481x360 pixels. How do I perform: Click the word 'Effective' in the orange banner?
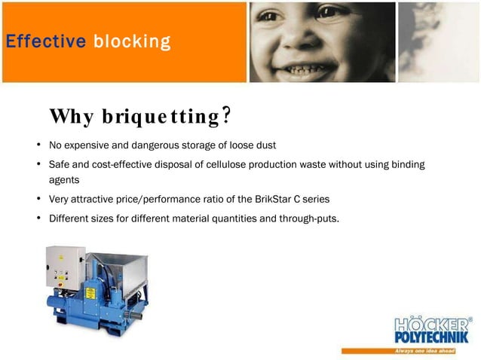[45, 41]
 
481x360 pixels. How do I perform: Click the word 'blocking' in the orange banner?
[132, 41]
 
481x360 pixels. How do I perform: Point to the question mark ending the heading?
[225, 115]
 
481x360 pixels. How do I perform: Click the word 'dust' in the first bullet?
[266, 145]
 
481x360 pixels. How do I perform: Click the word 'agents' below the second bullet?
[64, 181]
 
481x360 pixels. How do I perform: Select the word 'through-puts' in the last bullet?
[311, 220]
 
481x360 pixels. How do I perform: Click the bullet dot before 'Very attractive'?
[38, 200]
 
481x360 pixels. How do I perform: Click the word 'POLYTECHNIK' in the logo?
[431, 336]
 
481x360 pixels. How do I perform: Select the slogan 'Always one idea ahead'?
[432, 351]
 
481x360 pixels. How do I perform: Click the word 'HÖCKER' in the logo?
[430, 324]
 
